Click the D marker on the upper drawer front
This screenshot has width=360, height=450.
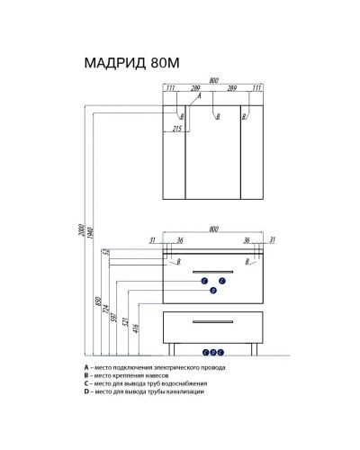[x=213, y=291]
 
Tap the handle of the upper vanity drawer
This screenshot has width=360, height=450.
[x=213, y=269]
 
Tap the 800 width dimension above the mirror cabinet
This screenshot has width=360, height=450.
[x=213, y=80]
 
